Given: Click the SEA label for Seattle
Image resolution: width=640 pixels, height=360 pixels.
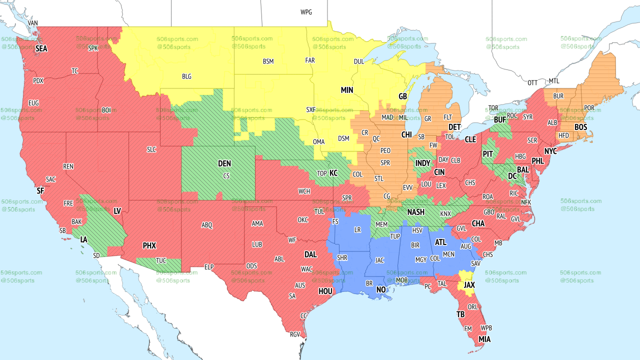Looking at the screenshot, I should pos(41,49).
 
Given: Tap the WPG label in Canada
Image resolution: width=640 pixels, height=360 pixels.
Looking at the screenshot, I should pos(306,12).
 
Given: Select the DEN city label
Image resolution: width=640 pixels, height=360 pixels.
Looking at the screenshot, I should pos(224,163).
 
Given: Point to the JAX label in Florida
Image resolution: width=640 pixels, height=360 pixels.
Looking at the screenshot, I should pos(469,285).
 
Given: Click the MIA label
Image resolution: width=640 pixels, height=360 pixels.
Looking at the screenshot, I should pos(484,339).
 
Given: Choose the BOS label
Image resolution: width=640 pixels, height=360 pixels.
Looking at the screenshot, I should pos(580,127).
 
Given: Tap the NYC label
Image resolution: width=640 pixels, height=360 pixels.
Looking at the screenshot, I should pos(550,151).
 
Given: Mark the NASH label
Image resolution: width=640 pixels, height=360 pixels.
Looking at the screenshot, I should pos(415,212).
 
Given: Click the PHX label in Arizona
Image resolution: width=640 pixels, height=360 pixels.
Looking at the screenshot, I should pos(149,246).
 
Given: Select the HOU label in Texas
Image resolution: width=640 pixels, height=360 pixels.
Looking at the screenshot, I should pos(325,291).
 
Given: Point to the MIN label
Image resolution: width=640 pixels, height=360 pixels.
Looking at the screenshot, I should pos(347,90).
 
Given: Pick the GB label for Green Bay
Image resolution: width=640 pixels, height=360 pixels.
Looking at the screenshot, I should pos(402,96).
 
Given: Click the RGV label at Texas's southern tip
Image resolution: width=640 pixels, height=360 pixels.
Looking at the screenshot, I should pos(295,334).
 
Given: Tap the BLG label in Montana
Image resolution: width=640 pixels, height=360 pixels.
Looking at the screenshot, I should pos(186,77).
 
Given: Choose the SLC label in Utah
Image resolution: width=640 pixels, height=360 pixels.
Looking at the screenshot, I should pos(151,149).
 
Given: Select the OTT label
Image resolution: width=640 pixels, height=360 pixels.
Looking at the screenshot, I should pos(532,82).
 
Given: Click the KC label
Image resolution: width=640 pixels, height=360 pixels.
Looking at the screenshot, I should pos(333,173).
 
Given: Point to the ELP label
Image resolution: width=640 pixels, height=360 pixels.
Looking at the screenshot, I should pos(209,267).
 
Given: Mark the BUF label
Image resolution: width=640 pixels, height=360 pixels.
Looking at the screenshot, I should pos(500,120).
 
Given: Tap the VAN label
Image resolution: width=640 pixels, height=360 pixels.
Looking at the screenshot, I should pos(33,23).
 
